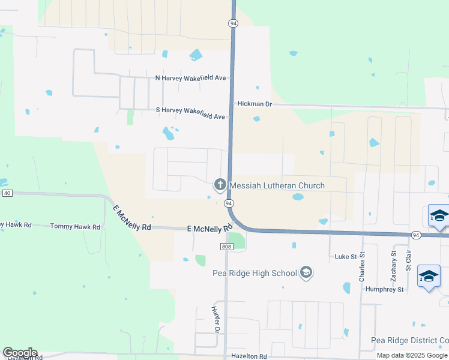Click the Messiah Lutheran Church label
tap(277, 185)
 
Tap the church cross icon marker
tap(220, 185)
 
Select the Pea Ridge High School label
tap(255, 274)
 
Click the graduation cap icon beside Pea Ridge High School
tap(306, 274)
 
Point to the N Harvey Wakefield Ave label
tap(190, 78)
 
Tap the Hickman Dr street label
tap(255, 104)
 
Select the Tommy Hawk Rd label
tap(75, 227)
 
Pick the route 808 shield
tap(226, 247)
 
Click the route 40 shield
tap(7, 193)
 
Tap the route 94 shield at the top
tap(233, 23)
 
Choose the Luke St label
tap(346, 257)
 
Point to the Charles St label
tap(362, 267)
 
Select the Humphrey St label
tap(385, 289)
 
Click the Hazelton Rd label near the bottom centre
tap(249, 356)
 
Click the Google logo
tap(20, 353)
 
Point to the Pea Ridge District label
tap(409, 341)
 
